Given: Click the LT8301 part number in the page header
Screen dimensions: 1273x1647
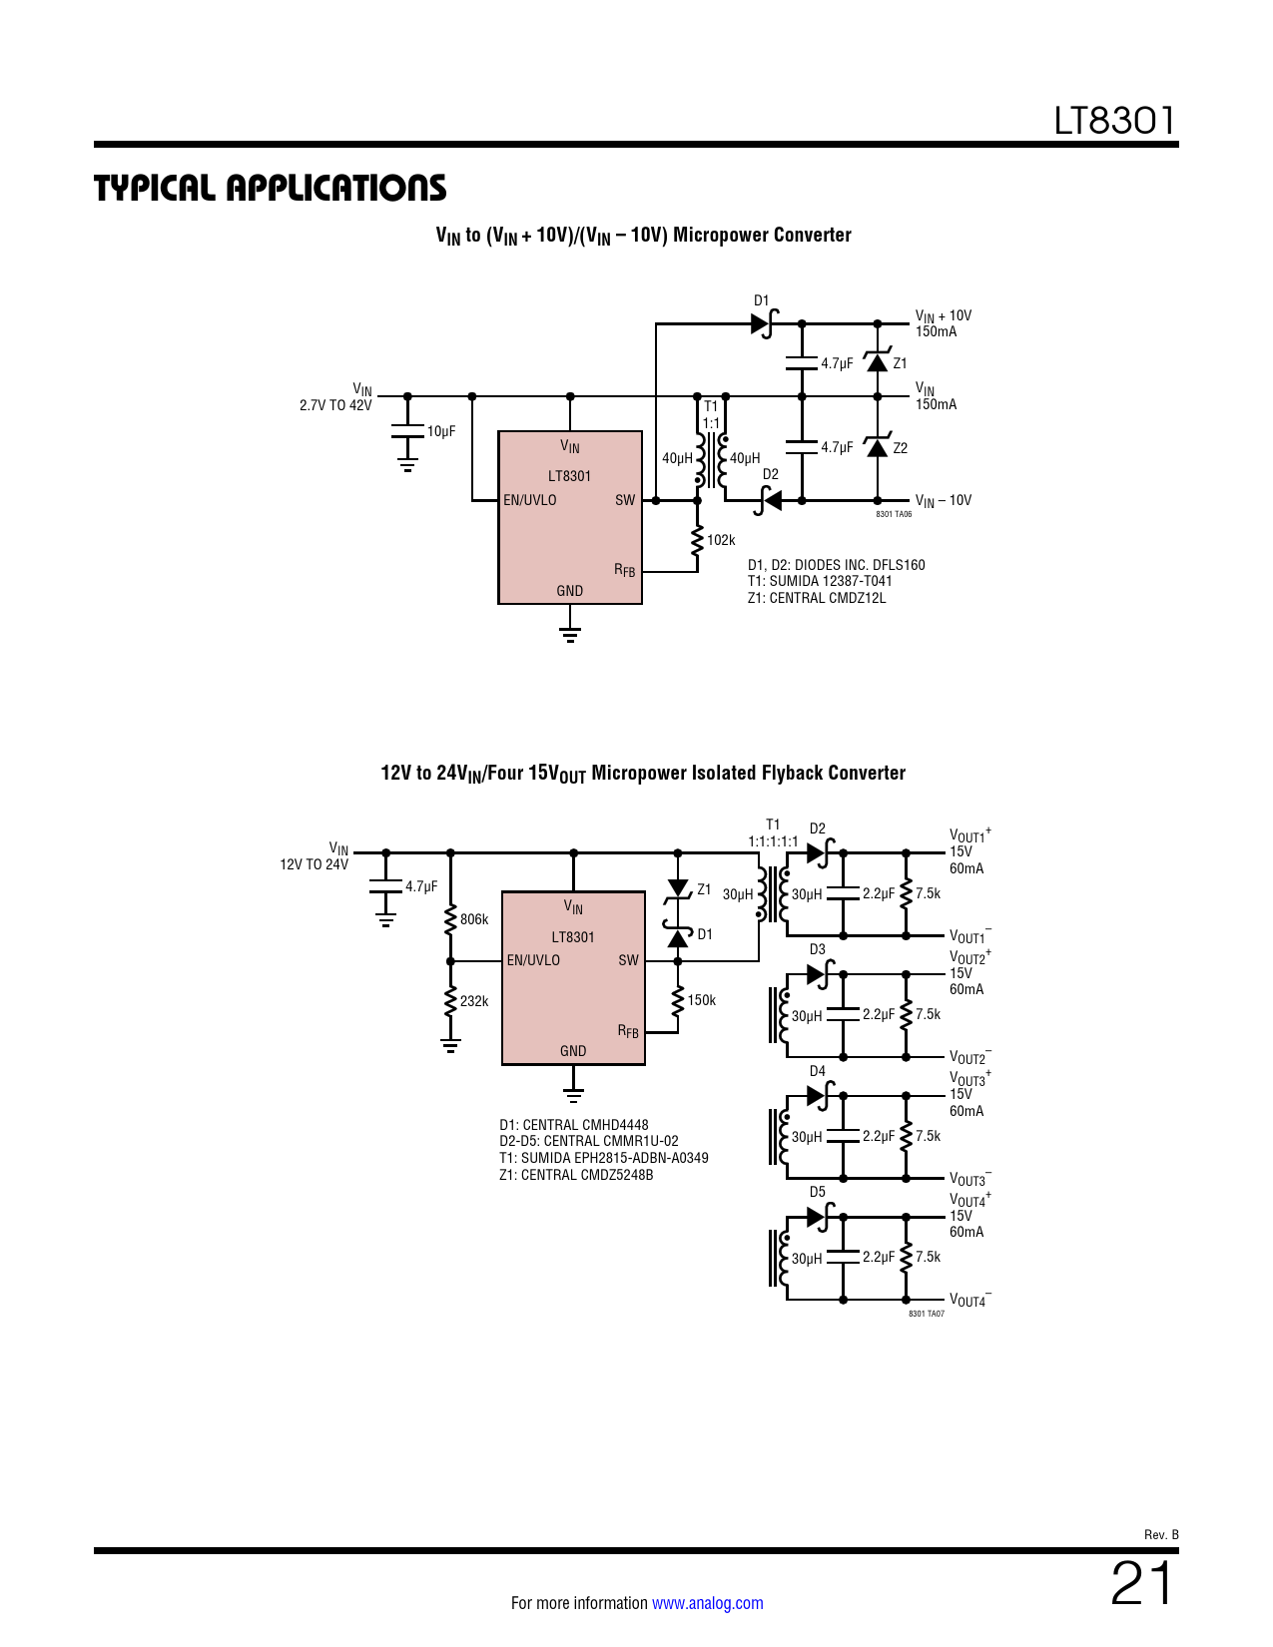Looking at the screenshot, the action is pos(1114,121).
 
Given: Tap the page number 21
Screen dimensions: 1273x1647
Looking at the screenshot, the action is pos(1142,1583).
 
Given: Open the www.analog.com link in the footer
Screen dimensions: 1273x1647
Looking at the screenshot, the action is pos(708,1603).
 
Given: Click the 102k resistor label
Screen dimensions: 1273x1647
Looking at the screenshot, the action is pos(721,540).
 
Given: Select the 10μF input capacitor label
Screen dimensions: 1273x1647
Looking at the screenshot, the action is pos(441,431).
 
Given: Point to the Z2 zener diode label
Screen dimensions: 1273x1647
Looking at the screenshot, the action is pos(900,448).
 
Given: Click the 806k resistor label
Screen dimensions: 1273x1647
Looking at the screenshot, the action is pos(474,919).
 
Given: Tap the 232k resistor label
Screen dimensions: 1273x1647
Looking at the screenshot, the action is pos(474,1001).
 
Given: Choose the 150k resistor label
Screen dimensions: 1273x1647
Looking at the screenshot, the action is pos(701,1000).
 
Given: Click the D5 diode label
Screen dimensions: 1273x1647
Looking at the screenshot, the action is pos(818,1192).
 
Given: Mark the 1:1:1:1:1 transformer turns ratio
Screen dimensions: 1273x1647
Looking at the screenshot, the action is pos(773,841).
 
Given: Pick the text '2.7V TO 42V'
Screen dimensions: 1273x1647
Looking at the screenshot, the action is pos(335,405).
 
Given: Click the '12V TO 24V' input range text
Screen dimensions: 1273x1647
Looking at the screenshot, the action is pos(314,864).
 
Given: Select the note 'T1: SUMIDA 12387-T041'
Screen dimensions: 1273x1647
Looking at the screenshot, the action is pos(820,581).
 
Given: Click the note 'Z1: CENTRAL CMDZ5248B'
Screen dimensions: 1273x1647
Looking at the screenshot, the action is pos(576,1175).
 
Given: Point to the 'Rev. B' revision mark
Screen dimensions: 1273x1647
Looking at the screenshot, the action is pos(1161,1535).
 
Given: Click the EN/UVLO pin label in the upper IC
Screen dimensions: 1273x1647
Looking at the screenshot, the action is pos(530,500).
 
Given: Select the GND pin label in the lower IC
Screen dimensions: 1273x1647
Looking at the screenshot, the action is pos(573,1051).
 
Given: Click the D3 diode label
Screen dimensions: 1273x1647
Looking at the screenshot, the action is pos(818,949).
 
